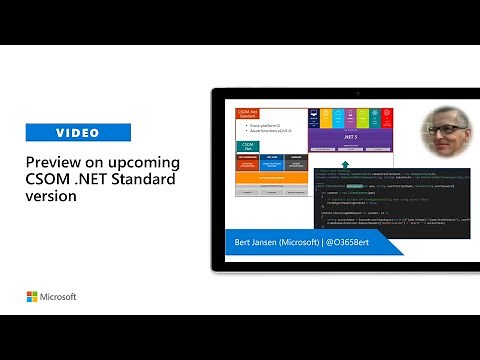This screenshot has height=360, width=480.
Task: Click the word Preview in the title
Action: (54, 162)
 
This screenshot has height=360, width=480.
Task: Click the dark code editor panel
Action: (400, 200)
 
